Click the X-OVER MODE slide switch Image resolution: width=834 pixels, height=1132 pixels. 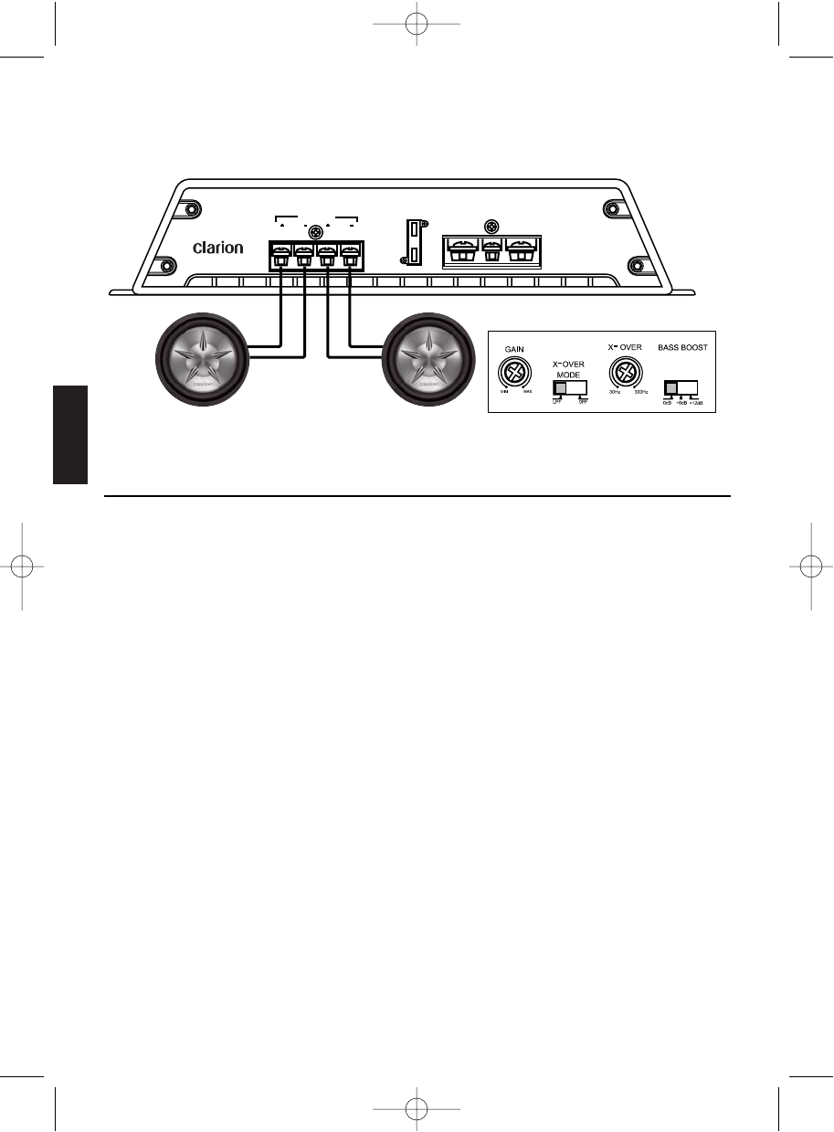point(568,387)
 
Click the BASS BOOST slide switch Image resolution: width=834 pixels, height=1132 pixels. point(680,386)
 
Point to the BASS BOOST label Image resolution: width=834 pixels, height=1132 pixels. point(682,348)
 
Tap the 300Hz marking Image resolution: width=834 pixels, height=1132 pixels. point(641,392)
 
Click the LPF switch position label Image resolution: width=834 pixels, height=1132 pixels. point(556,402)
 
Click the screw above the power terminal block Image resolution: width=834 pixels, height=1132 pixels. point(492,226)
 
